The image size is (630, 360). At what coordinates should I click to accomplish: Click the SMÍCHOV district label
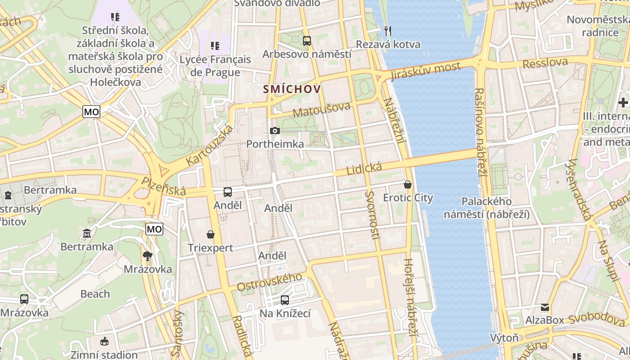pos(292,89)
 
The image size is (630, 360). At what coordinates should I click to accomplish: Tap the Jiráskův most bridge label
pos(426,71)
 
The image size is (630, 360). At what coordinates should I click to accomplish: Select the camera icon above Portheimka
pos(274,131)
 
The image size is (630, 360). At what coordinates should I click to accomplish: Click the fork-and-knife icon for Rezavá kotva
pos(388,31)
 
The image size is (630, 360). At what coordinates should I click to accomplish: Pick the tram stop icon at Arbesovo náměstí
pos(307,41)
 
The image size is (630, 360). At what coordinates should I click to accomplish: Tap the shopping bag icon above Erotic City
pos(408,184)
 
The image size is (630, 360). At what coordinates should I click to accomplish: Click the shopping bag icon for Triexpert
pos(211,234)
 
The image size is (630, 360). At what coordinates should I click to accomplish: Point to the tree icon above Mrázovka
pos(148,256)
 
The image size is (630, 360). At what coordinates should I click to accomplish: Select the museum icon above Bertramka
pos(87,233)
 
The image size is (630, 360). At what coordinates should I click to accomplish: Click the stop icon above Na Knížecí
pos(285,300)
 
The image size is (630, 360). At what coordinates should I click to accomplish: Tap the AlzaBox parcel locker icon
pos(545,307)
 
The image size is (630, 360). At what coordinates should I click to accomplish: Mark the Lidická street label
pos(364,169)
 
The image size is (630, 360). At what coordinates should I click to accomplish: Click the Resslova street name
pos(545,63)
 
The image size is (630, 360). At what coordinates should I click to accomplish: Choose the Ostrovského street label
pos(269,281)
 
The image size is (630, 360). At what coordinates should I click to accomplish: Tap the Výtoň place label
pos(504,337)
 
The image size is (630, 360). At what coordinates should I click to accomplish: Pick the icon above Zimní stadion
pos(104,342)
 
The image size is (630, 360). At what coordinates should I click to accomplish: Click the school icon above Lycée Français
pos(215,46)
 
